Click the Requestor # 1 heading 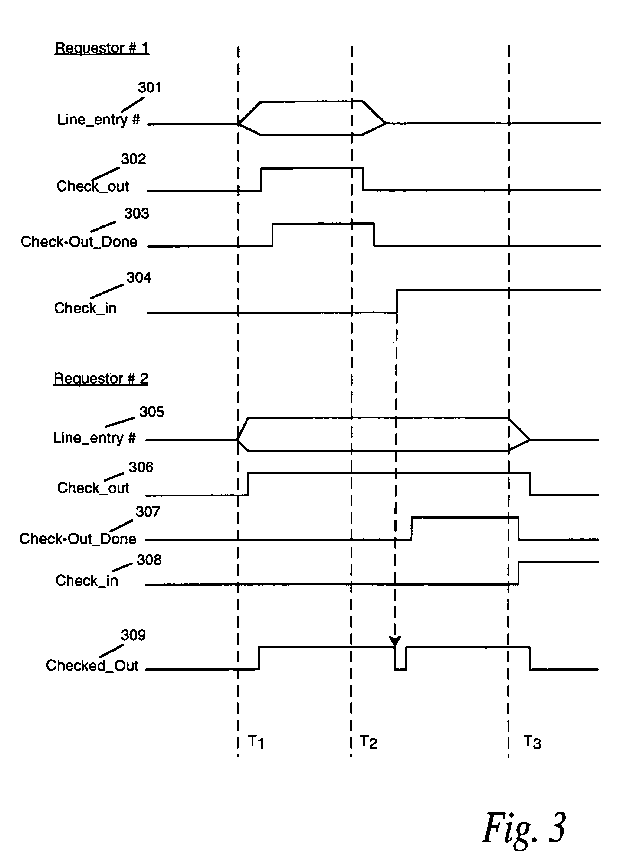click(x=102, y=48)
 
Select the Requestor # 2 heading click(x=101, y=378)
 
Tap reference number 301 click(x=150, y=87)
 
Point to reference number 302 click(x=134, y=159)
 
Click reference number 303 click(x=137, y=213)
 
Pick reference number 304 click(x=138, y=277)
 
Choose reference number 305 click(x=152, y=412)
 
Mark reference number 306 click(x=141, y=467)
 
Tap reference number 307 click(x=148, y=511)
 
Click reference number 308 click(x=149, y=560)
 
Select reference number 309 click(x=133, y=635)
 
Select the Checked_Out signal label click(x=92, y=665)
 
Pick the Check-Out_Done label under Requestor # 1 click(x=79, y=241)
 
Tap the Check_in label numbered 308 click(x=86, y=580)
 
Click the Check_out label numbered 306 click(x=93, y=488)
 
